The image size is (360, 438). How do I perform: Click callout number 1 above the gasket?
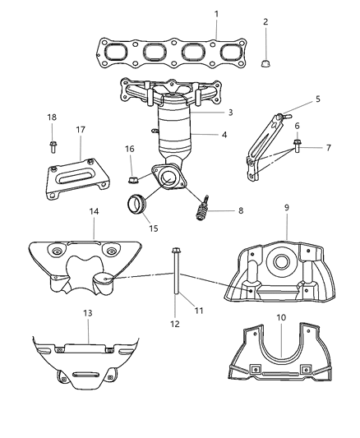pos(216,14)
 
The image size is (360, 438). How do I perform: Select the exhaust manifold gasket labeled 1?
pos(164,54)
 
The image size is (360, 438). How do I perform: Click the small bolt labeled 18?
pos(52,147)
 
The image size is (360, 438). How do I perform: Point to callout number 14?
pos(94,212)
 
